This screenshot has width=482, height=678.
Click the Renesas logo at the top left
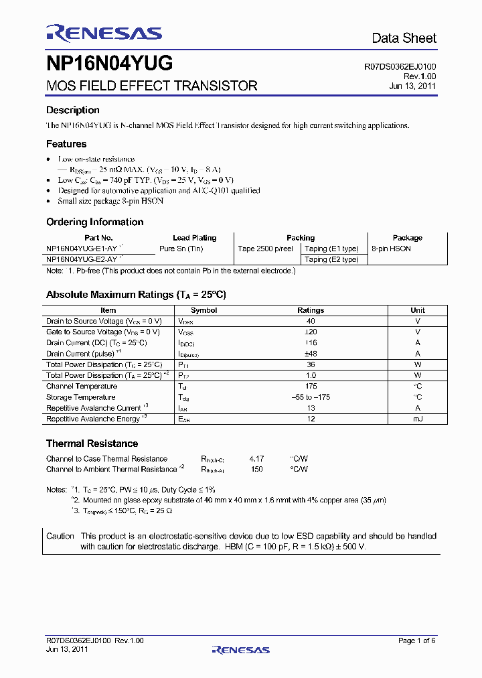(104, 33)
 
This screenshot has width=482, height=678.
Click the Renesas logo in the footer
(240, 649)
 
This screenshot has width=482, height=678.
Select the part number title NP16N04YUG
(109, 64)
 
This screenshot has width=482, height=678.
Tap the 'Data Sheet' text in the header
(404, 38)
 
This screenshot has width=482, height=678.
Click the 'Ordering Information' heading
(94, 222)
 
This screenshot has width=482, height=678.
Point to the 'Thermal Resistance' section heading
(92, 444)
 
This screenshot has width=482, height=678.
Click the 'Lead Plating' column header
(194, 238)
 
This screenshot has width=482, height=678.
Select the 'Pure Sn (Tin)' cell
(181, 249)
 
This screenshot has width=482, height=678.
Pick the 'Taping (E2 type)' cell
(331, 259)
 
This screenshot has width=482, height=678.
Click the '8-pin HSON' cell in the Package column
(391, 249)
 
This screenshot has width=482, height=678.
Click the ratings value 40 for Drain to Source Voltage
(311, 321)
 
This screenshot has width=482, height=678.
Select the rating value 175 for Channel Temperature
(311, 386)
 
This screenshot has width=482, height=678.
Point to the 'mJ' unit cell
(418, 419)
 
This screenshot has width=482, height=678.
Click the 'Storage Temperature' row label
(80, 397)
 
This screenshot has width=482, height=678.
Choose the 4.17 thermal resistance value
(256, 459)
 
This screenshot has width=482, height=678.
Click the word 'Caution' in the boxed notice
(60, 536)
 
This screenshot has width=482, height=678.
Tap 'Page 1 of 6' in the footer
(416, 640)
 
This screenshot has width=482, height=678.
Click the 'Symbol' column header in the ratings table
(204, 310)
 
